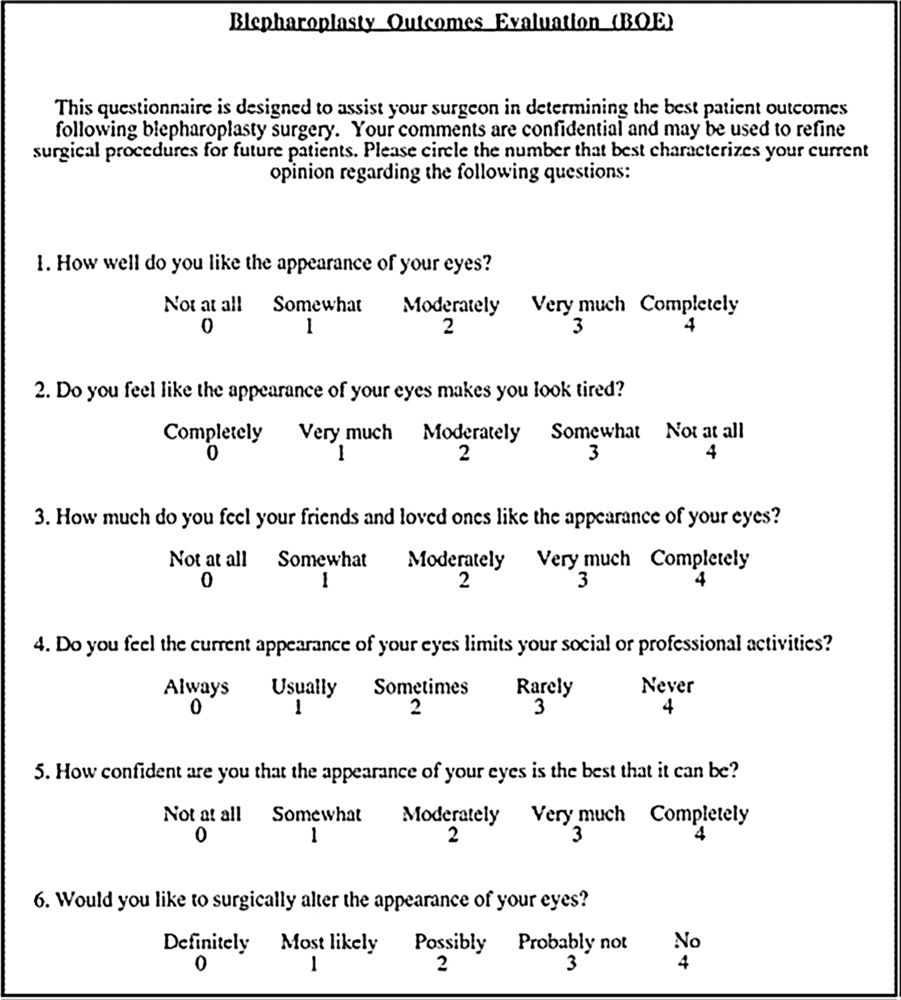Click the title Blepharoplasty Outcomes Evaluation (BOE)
[451, 22]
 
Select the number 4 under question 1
[689, 325]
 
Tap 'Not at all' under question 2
[704, 431]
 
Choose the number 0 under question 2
[212, 453]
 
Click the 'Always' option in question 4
[196, 687]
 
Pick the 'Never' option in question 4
[667, 686]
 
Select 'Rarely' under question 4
[544, 687]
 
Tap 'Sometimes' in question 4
[421, 687]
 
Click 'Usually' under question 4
[304, 687]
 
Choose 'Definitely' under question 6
[206, 942]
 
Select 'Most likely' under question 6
[329, 942]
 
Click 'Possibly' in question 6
[450, 942]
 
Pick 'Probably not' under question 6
[572, 942]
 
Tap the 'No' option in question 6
[687, 941]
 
